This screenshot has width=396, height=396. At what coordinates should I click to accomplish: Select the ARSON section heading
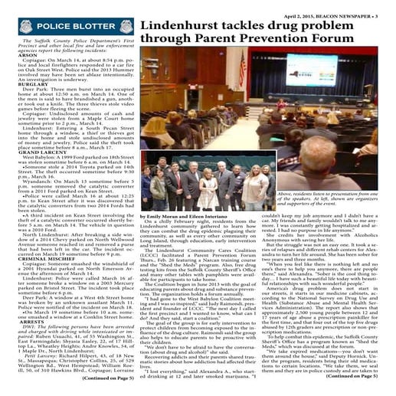(x=18, y=56)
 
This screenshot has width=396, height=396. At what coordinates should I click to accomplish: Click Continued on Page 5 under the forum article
(x=360, y=378)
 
